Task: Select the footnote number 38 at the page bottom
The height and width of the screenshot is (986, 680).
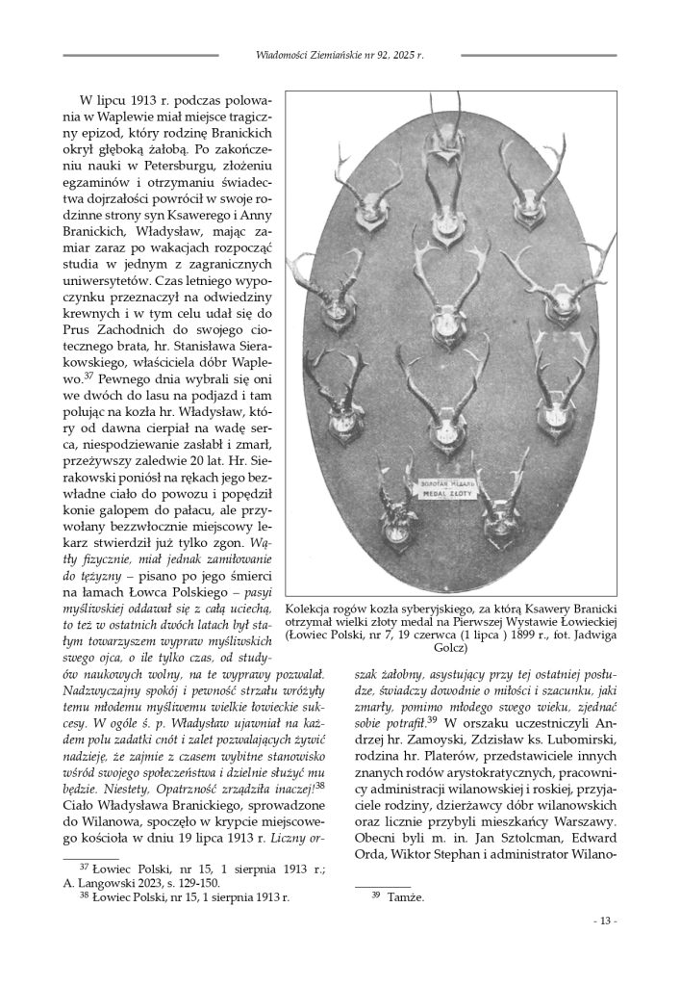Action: point(82,895)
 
